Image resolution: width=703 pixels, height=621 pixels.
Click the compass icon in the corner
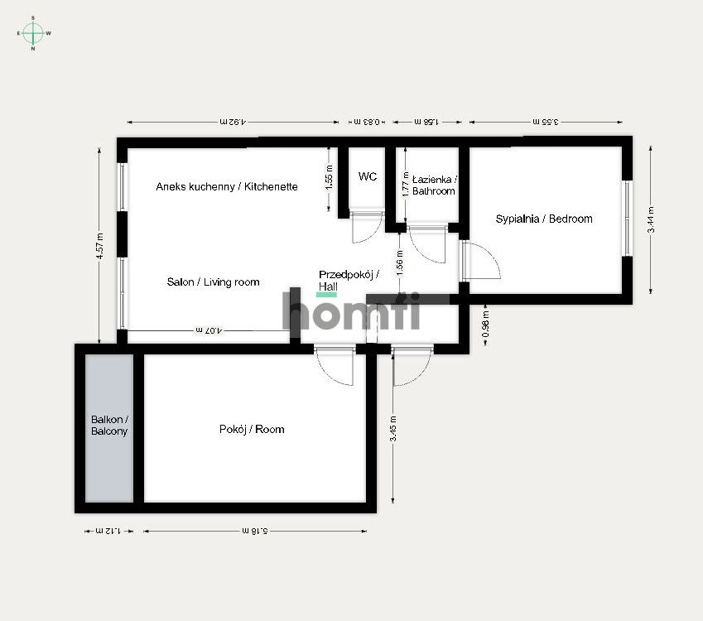(33, 33)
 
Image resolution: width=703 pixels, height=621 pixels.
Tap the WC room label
(368, 176)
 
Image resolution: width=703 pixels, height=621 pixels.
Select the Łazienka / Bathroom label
(434, 185)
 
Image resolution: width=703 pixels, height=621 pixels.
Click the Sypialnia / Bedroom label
(544, 219)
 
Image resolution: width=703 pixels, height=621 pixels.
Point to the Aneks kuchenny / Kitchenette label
(227, 187)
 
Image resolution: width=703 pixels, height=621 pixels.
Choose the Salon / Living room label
(213, 282)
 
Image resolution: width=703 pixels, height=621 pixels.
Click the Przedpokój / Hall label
(349, 280)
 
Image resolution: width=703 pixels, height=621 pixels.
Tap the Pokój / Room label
(252, 429)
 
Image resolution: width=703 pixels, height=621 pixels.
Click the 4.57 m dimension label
(99, 247)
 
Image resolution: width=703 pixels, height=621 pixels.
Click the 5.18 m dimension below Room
(254, 530)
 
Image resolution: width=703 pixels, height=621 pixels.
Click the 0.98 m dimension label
(486, 320)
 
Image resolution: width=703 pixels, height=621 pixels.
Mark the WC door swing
(367, 226)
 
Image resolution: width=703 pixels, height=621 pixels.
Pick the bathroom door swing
(426, 243)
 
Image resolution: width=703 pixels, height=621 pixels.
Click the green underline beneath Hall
(327, 294)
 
